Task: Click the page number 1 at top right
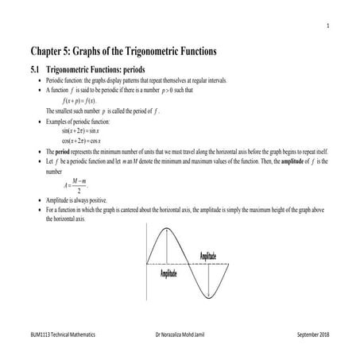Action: pyautogui.click(x=327, y=25)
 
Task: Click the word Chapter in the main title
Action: pyautogui.click(x=49, y=52)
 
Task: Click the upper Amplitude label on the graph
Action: pyautogui.click(x=212, y=255)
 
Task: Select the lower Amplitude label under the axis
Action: pyautogui.click(x=168, y=273)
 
